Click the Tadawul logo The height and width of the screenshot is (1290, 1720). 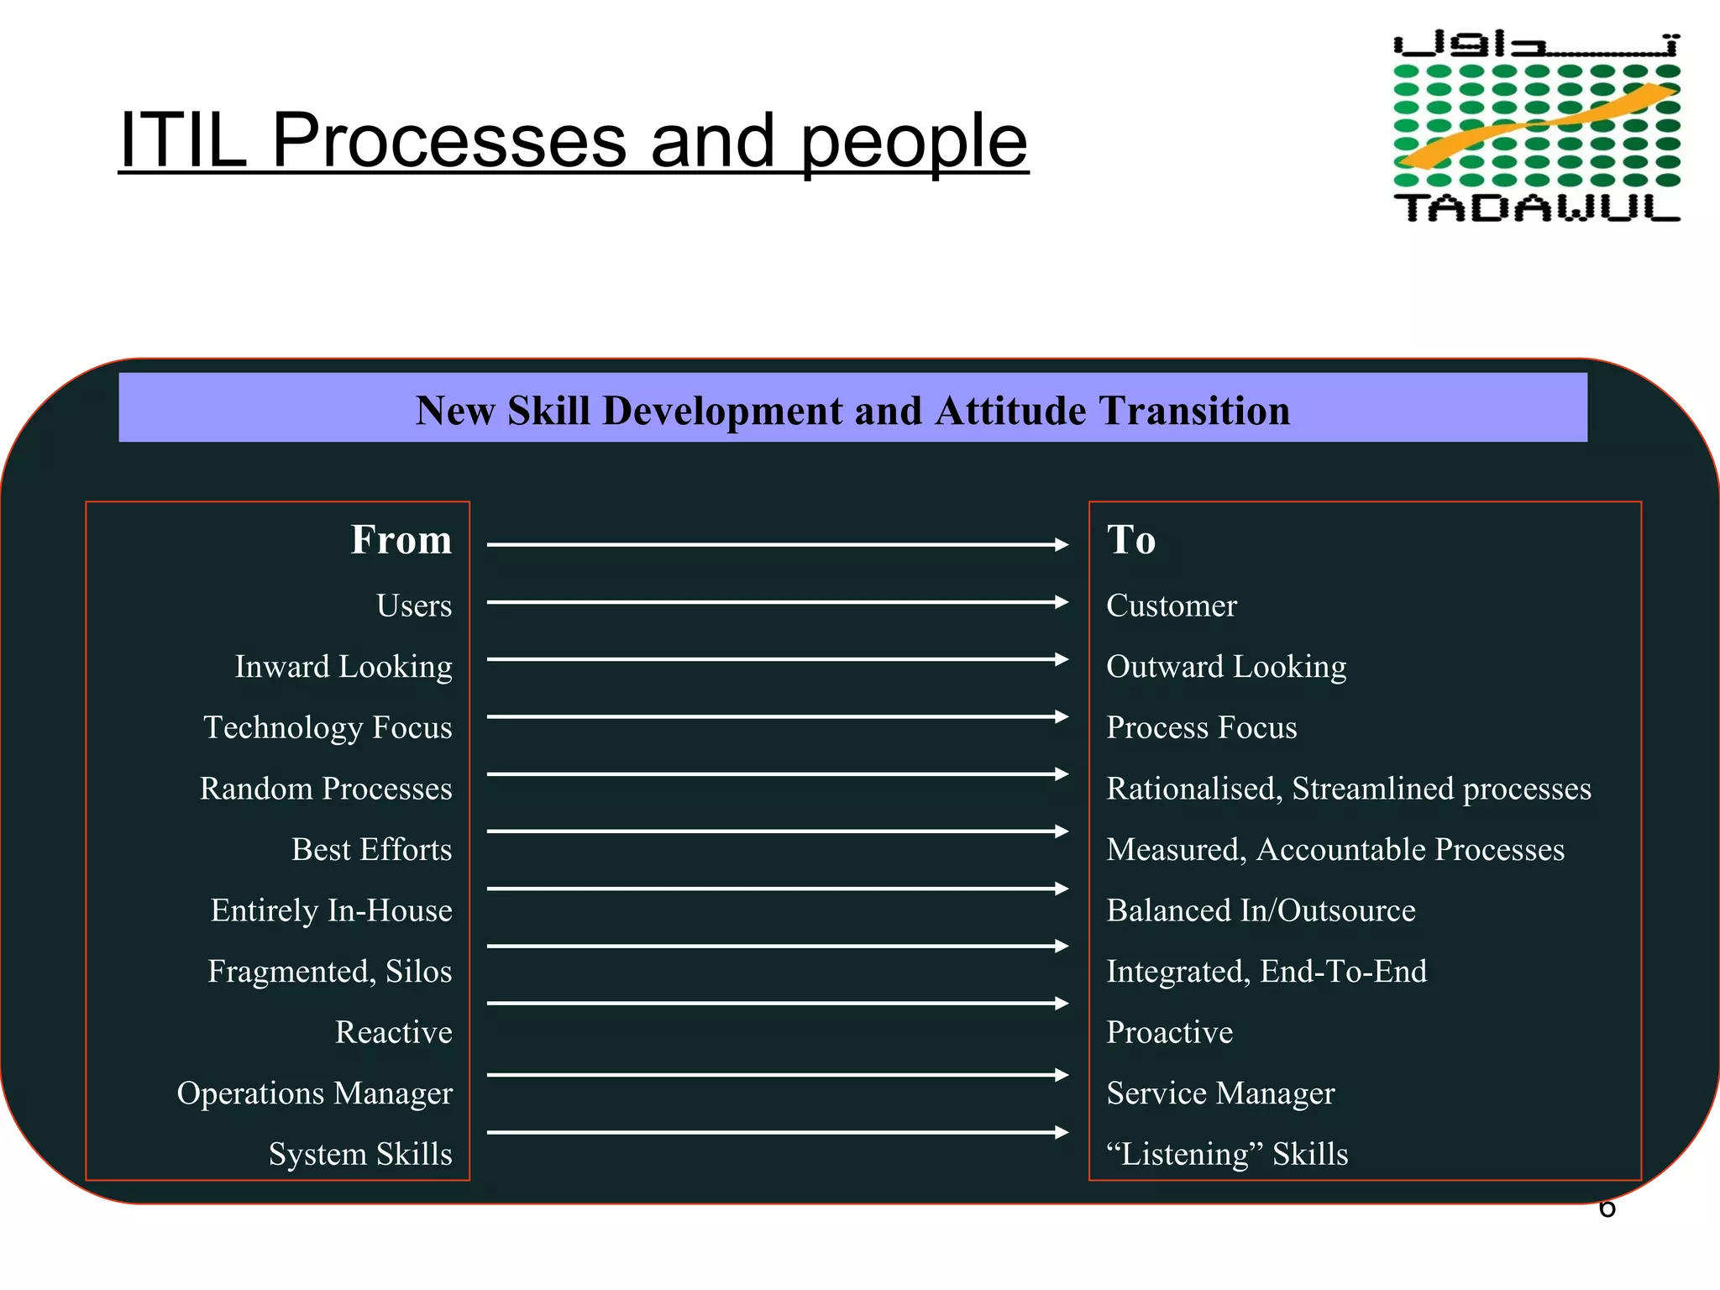pyautogui.click(x=1536, y=127)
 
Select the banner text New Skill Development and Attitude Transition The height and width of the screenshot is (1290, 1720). pyautogui.click(x=852, y=411)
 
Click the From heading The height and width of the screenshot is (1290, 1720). pyautogui.click(x=401, y=539)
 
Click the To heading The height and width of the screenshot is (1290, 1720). pyautogui.click(x=1130, y=539)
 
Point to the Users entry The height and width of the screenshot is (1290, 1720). pyautogui.click(x=413, y=606)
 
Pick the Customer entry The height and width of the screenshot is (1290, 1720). pyautogui.click(x=1171, y=606)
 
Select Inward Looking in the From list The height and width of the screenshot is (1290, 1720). pyautogui.click(x=343, y=667)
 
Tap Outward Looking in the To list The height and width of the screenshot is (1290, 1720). pyautogui.click(x=1225, y=667)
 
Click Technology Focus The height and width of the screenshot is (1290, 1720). pyautogui.click(x=328, y=727)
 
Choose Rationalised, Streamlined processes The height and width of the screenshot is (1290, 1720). pyautogui.click(x=1348, y=789)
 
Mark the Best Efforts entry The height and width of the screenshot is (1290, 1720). pyautogui.click(x=371, y=849)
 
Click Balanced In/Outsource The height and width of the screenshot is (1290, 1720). pyautogui.click(x=1260, y=910)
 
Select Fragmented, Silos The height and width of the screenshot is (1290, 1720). pyautogui.click(x=329, y=971)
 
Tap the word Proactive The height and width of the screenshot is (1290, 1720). pyautogui.click(x=1169, y=1032)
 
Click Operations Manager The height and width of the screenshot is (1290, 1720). pyautogui.click(x=314, y=1093)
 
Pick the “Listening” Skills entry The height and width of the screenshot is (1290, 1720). pyautogui.click(x=1226, y=1154)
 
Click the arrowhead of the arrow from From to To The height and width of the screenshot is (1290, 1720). pyautogui.click(x=1062, y=545)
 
